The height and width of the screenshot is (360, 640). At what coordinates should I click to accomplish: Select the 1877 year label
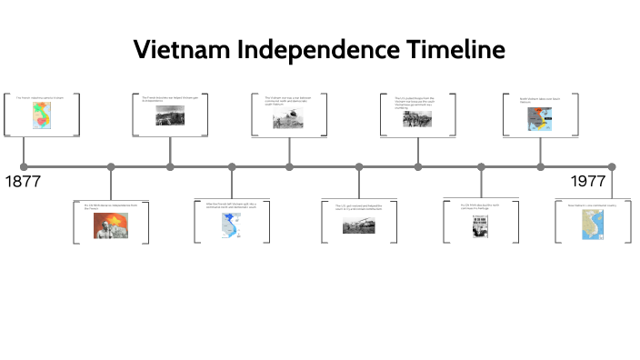(x=23, y=181)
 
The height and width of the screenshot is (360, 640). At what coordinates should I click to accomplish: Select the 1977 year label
(x=588, y=181)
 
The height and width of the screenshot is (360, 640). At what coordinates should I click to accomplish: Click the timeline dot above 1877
(x=24, y=166)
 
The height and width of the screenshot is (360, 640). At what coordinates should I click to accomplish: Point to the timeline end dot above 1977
(x=611, y=166)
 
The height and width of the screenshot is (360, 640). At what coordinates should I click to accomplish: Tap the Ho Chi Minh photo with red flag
(x=110, y=225)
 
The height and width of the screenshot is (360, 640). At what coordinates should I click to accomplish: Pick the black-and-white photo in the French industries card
(x=170, y=115)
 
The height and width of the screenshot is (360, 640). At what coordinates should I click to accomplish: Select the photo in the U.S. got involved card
(x=359, y=225)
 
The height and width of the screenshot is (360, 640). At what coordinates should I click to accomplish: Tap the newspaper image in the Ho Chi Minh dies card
(x=480, y=225)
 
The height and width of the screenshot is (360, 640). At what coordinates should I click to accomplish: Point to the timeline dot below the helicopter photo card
(x=289, y=166)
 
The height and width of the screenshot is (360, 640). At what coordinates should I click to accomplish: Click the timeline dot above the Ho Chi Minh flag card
(x=111, y=166)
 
